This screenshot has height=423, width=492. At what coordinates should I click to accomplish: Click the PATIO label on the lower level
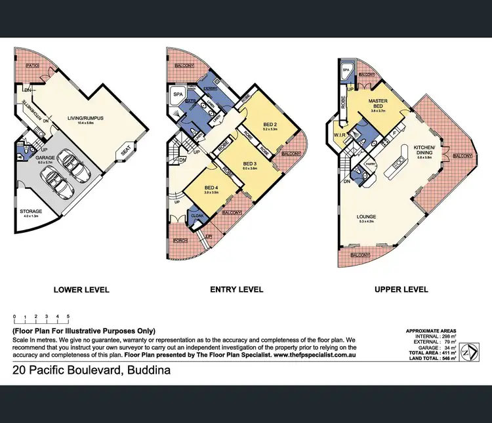(x=33, y=66)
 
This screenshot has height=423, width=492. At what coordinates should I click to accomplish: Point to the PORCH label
(x=180, y=241)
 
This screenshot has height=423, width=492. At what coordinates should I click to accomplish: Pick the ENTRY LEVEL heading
(x=236, y=289)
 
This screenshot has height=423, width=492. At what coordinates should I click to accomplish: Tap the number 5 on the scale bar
(x=68, y=316)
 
